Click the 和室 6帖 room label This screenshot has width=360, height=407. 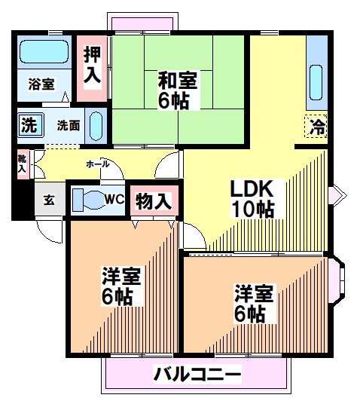pos(178,90)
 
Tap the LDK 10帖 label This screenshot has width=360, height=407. pos(252,198)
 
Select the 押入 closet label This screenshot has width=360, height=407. pos(92,65)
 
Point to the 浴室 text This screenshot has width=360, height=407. pos(41,84)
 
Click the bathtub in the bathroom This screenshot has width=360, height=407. pos(44,51)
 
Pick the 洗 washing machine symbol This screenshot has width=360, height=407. pos(31,125)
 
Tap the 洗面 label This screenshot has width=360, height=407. pos(69,125)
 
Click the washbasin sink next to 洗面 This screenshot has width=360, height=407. pos(96,126)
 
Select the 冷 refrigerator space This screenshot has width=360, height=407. pos(316,126)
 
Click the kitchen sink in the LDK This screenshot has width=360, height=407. pos(316,83)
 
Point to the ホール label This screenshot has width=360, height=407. pos(98,164)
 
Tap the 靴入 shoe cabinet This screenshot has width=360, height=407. pos(23,164)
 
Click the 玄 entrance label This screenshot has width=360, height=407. pos(49,200)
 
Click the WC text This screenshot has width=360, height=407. pos(114,199)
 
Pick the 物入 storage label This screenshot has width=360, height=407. pos(154,201)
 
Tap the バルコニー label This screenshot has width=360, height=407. pos(197,374)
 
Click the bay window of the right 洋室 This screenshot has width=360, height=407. pos(337,280)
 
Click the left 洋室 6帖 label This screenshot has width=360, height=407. pos(121,286)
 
